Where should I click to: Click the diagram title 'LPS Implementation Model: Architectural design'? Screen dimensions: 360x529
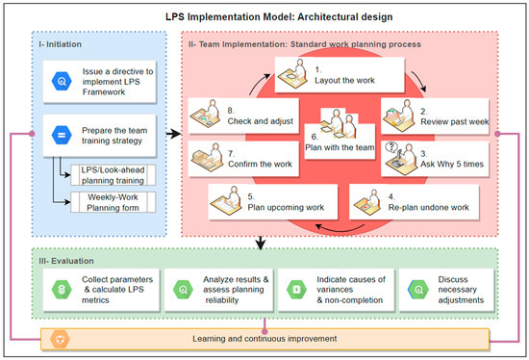[264, 16]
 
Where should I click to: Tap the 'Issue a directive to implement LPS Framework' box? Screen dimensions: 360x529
[96, 83]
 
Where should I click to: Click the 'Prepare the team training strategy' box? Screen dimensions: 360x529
[96, 136]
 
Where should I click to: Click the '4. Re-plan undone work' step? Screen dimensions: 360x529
[421, 202]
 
